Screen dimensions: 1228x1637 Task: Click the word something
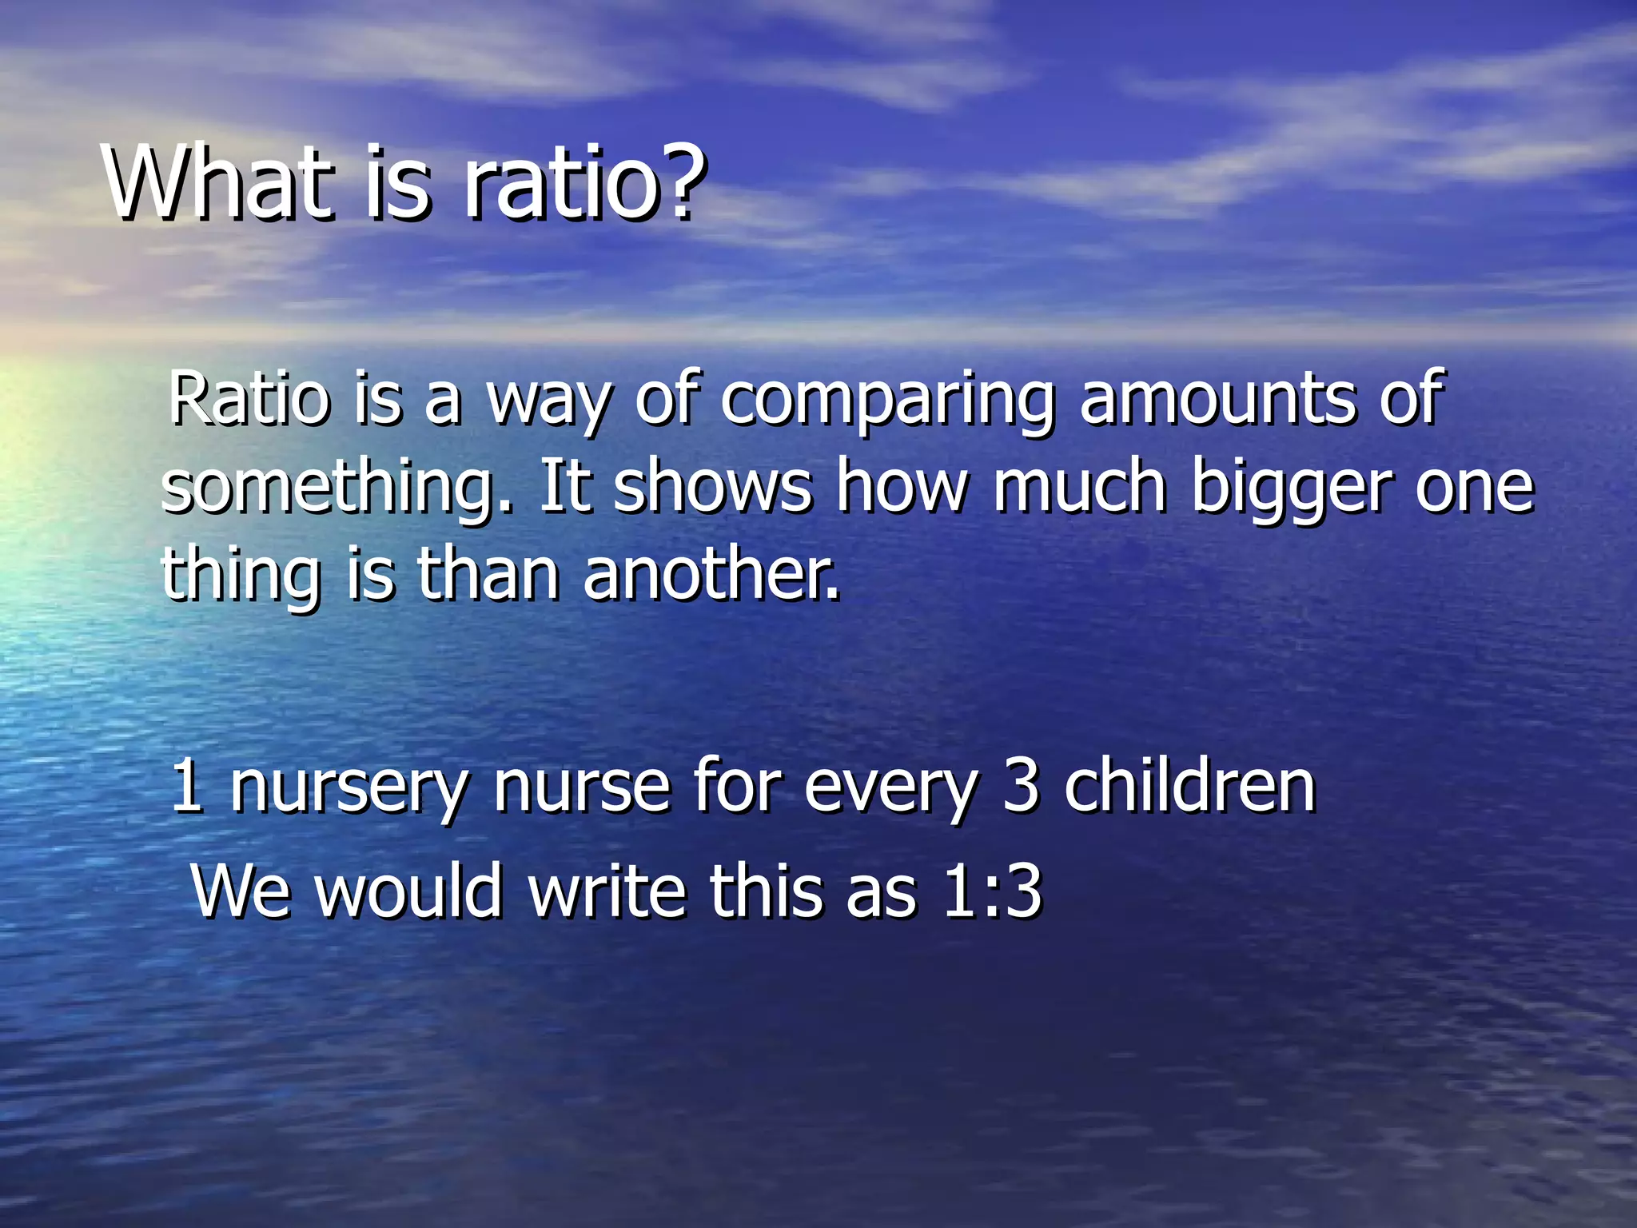(x=336, y=489)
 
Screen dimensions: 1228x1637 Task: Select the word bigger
(x=1292, y=489)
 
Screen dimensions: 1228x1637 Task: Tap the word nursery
(x=349, y=788)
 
